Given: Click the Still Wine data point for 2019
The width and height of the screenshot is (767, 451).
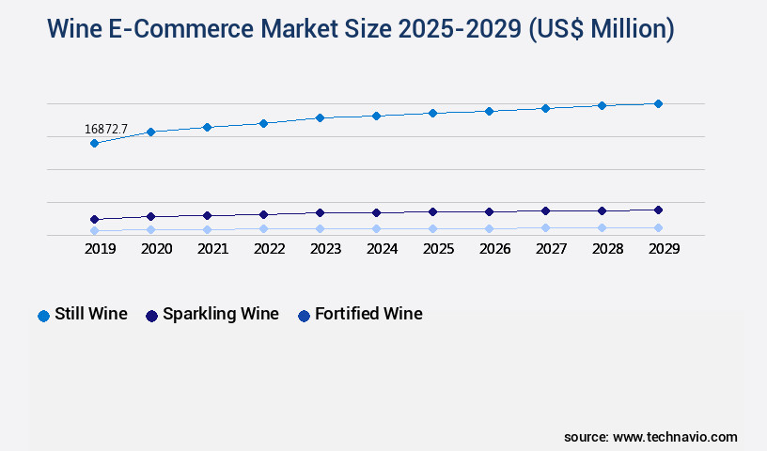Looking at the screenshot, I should pyautogui.click(x=94, y=144).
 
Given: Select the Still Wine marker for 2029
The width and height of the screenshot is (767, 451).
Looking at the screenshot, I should pyautogui.click(x=658, y=103).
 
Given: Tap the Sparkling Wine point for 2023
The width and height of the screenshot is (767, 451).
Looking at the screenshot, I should pyautogui.click(x=320, y=212).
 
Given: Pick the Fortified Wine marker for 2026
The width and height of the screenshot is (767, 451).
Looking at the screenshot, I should pyautogui.click(x=489, y=228).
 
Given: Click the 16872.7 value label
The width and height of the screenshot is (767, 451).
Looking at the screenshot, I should pyautogui.click(x=105, y=129).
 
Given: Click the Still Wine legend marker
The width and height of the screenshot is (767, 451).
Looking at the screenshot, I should pyautogui.click(x=43, y=316).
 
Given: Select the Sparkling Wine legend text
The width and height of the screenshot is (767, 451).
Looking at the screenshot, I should pyautogui.click(x=220, y=314).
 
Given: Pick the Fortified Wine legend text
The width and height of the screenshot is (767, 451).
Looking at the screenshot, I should pyautogui.click(x=368, y=314).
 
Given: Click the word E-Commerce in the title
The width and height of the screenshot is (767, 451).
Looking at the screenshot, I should pyautogui.click(x=164, y=29).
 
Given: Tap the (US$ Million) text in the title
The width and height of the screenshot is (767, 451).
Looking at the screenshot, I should pyautogui.click(x=602, y=29).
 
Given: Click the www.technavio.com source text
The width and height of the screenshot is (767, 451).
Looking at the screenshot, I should pyautogui.click(x=675, y=437).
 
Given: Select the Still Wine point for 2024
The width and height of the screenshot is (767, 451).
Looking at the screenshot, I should pyautogui.click(x=376, y=116).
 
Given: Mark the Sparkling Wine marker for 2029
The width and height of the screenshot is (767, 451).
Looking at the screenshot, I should pyautogui.click(x=658, y=210).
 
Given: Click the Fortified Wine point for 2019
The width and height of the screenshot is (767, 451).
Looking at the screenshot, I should pyautogui.click(x=94, y=230).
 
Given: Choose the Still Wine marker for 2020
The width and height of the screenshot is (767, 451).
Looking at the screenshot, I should pyautogui.click(x=150, y=132).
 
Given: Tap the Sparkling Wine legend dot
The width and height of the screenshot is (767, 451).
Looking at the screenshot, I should pyautogui.click(x=151, y=316).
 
